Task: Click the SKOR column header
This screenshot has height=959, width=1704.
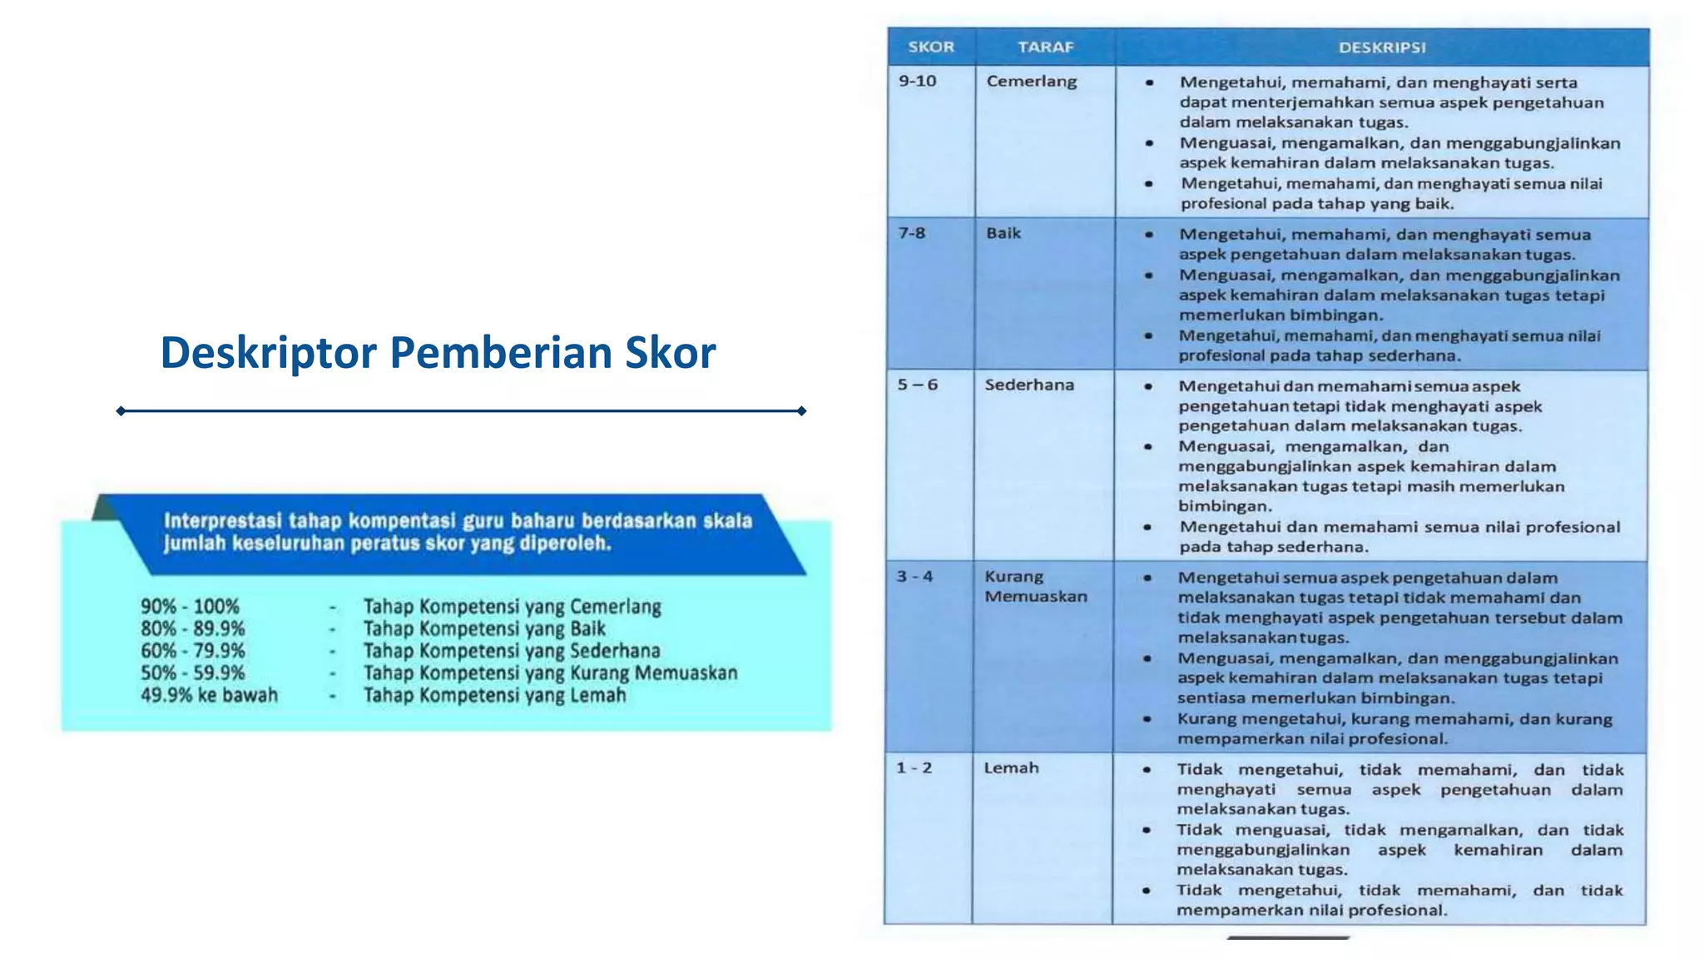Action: [x=930, y=47]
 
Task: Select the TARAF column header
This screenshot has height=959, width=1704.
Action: [x=1045, y=47]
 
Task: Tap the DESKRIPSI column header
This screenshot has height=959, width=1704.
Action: [x=1381, y=47]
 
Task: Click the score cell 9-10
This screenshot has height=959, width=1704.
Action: [x=917, y=82]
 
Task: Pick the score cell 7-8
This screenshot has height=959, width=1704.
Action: [x=912, y=233]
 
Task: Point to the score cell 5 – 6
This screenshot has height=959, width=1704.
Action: [x=917, y=385]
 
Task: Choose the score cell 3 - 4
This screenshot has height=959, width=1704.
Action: [x=914, y=576]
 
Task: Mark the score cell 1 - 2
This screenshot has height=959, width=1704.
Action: [x=914, y=768]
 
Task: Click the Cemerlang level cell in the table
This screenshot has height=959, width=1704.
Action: [x=1032, y=82]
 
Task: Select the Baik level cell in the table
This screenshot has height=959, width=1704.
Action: [x=1003, y=233]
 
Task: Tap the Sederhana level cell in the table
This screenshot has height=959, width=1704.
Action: [x=1029, y=385]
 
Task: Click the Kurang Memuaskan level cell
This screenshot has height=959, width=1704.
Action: [x=1035, y=586]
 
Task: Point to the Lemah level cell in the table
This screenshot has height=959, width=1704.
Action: [x=1011, y=768]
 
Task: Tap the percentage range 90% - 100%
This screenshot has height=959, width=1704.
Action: [x=190, y=607]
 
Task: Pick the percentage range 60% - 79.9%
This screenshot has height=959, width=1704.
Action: [x=193, y=651]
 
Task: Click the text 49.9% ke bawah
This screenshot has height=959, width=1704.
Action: [x=209, y=695]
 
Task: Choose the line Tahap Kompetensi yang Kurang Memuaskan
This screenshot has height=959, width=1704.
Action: [x=550, y=673]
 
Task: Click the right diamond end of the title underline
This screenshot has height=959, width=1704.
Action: [x=801, y=410]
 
